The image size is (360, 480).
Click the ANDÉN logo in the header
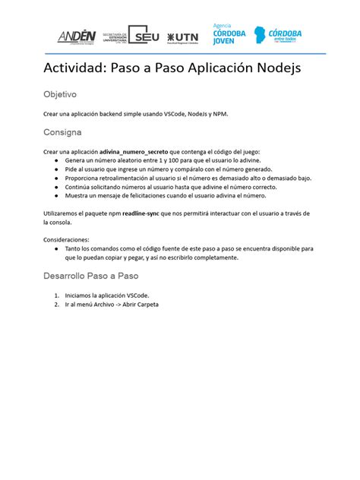tap(77, 36)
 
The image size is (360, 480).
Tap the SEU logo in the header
tap(144, 35)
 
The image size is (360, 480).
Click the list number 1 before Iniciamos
tap(56, 295)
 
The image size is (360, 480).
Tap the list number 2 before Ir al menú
tap(56, 304)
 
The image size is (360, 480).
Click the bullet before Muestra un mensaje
tap(57, 196)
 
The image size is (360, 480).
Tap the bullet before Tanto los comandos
tap(57, 248)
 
